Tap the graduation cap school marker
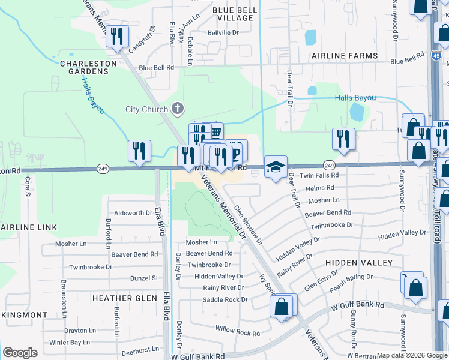[x=276, y=168]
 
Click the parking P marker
[x=236, y=152]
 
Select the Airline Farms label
[x=344, y=56]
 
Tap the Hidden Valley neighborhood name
[x=359, y=263]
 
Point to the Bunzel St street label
[x=144, y=278]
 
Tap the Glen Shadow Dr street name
[x=249, y=225]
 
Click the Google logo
[x=20, y=353]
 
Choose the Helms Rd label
[x=319, y=188]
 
